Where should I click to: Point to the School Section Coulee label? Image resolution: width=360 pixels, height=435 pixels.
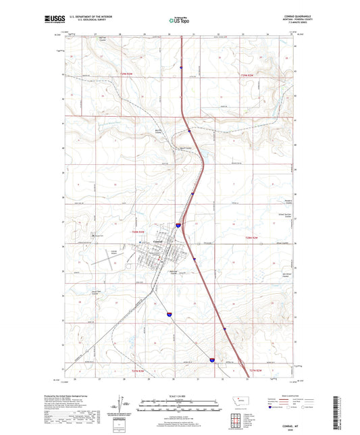(287, 214)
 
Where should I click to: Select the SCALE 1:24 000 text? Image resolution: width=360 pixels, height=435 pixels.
(180, 395)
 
